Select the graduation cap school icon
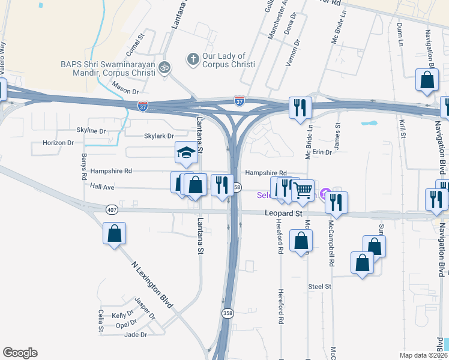pyautogui.click(x=185, y=154)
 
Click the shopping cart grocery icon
pyautogui.click(x=303, y=191)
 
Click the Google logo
pyautogui.click(x=20, y=353)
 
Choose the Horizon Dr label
pyautogui.click(x=58, y=143)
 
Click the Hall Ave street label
pyautogui.click(x=102, y=187)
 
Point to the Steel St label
pyautogui.click(x=320, y=287)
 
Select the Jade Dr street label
pyautogui.click(x=136, y=335)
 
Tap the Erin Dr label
pyautogui.click(x=321, y=152)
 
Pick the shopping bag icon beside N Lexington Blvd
pyautogui.click(x=113, y=234)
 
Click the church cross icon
pyautogui.click(x=193, y=59)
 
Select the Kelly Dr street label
pyautogui.click(x=122, y=315)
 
